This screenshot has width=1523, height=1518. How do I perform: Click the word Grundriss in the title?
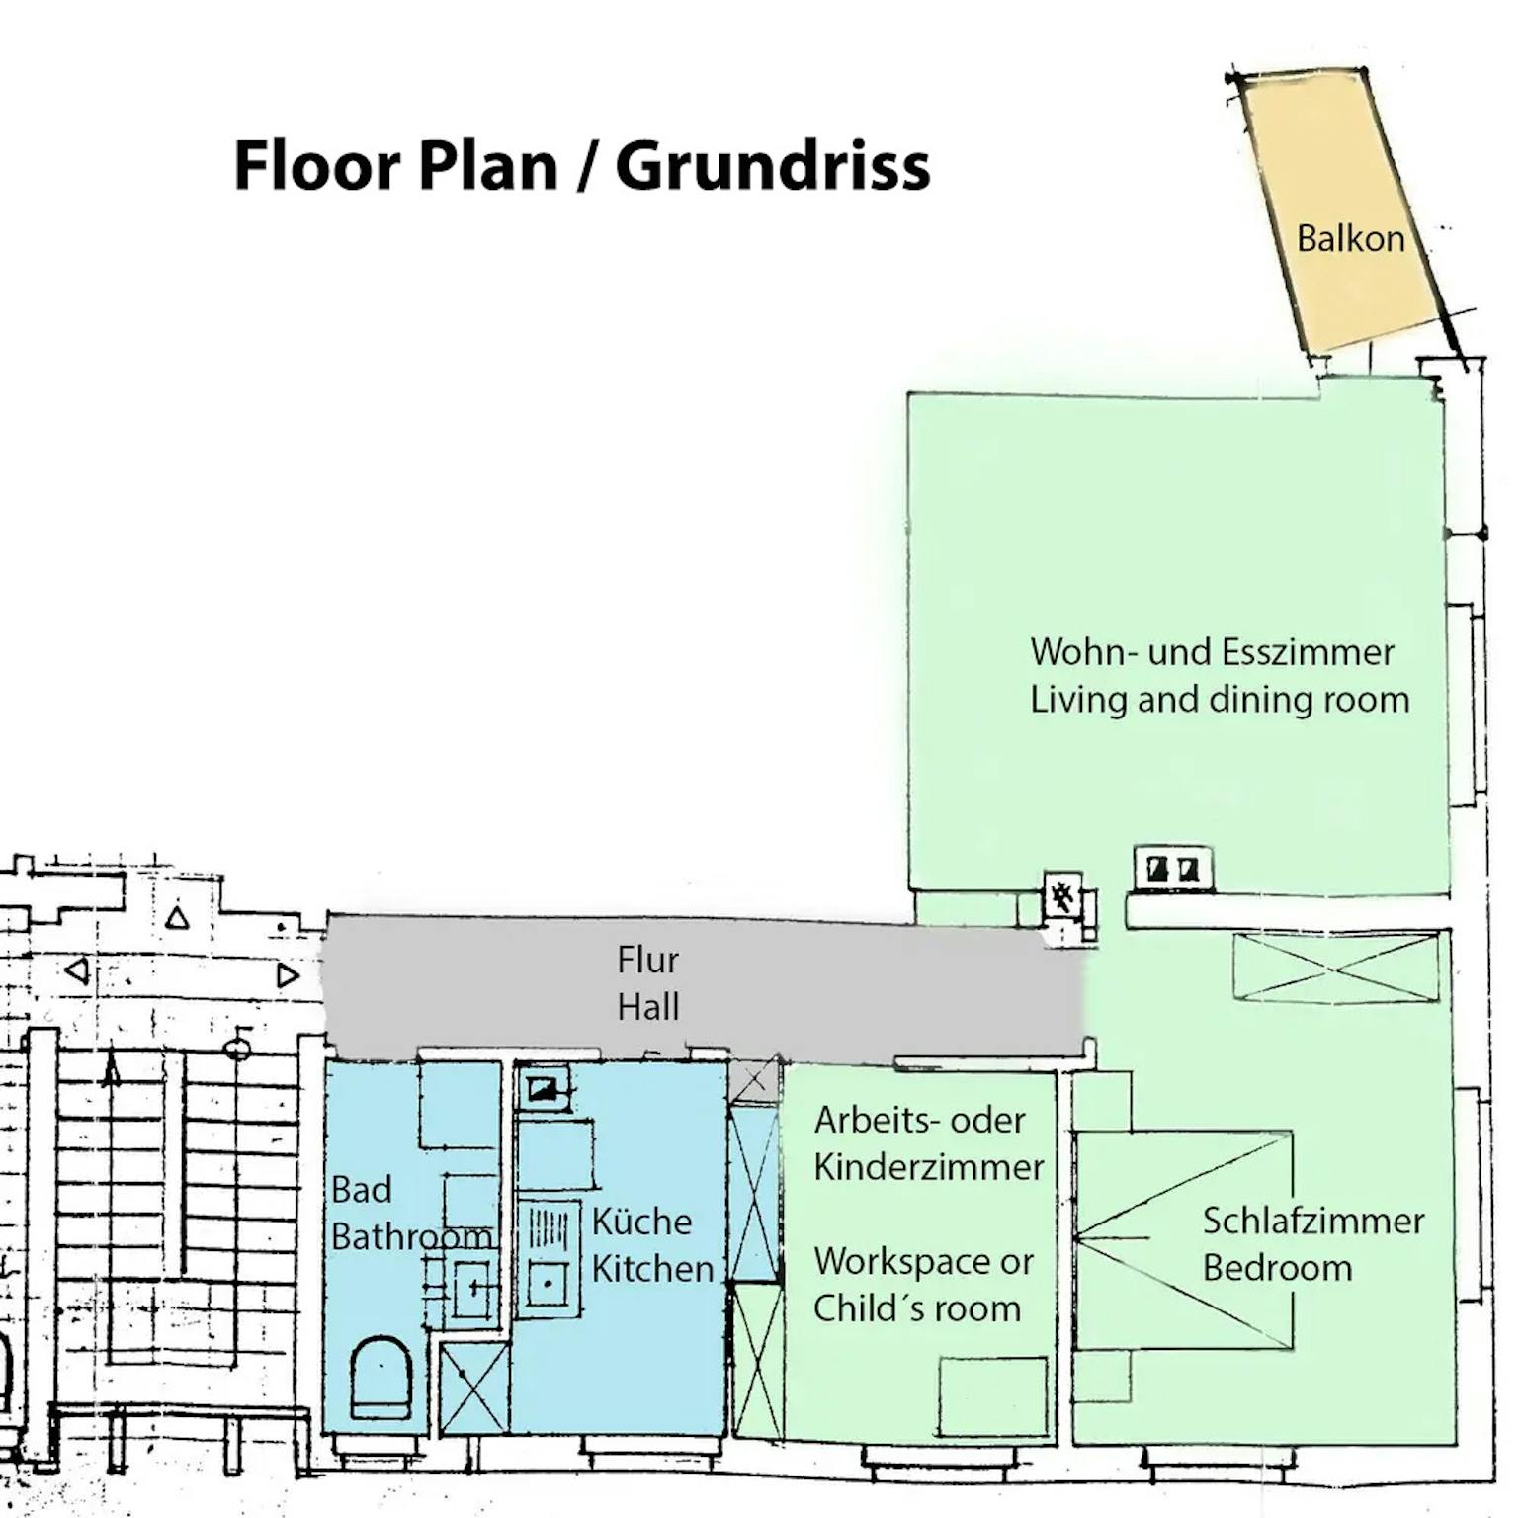click(772, 165)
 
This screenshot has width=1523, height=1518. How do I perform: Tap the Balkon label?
click(1350, 238)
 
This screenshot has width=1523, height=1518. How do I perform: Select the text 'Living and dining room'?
click(1220, 700)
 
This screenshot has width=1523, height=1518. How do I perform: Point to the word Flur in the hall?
click(647, 960)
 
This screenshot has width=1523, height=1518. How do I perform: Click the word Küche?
click(641, 1221)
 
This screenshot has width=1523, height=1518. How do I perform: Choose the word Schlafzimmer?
click(1313, 1221)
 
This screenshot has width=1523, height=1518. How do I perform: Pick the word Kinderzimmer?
click(928, 1167)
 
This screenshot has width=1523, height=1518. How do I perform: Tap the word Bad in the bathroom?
click(361, 1189)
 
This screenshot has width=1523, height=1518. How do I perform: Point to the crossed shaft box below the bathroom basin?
click(473, 1388)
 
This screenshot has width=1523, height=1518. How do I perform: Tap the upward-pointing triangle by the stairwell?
click(177, 918)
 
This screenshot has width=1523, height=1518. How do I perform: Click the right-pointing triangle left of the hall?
click(288, 975)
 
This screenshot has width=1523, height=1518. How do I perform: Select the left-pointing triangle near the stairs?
click(77, 970)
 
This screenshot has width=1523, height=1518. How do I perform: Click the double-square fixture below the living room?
click(1172, 869)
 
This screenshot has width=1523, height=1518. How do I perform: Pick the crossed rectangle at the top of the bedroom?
click(1336, 968)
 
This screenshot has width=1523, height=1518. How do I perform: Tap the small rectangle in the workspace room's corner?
click(992, 1396)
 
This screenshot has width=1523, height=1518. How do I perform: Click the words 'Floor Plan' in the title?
click(396, 165)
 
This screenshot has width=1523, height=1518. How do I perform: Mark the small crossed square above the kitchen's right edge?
click(754, 1080)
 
